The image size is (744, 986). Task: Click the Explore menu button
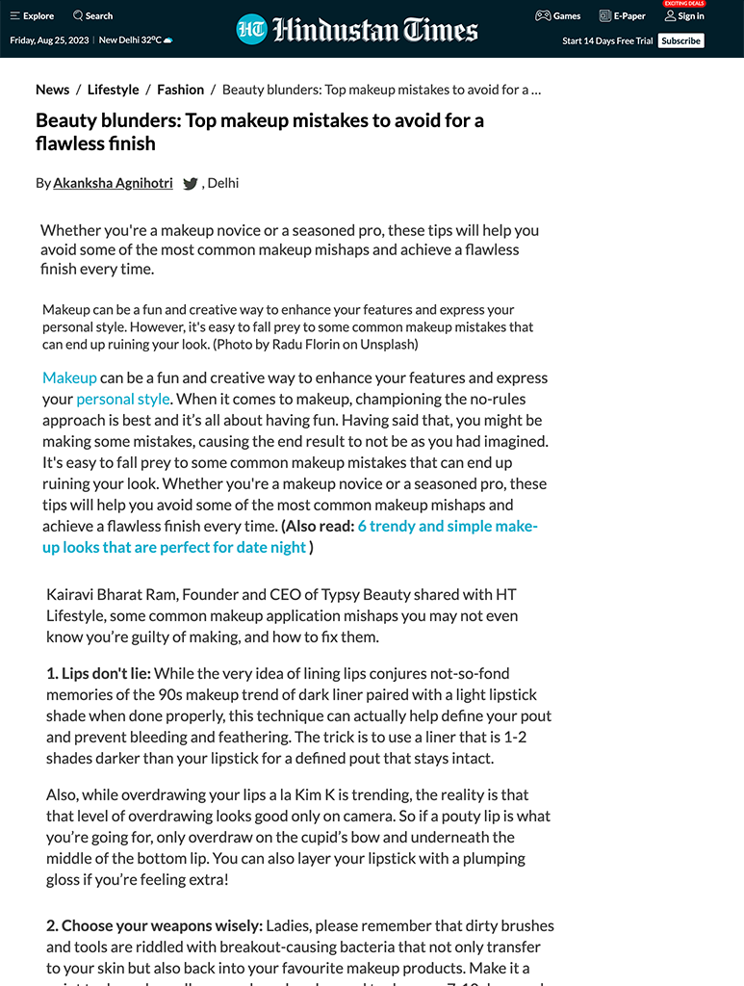coord(32,15)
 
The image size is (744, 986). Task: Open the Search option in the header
coord(92,15)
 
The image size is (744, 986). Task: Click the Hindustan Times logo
coord(357,29)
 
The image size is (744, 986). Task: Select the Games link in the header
coord(558,15)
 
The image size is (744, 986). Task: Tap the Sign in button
coord(684,15)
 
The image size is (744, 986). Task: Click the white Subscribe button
coord(680,40)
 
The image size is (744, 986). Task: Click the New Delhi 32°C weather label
coord(136,40)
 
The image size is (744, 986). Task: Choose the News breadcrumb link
coord(52,90)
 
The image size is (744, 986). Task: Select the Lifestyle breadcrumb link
coord(113,90)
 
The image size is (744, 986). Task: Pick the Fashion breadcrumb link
coord(180,90)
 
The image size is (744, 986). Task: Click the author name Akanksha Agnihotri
coord(113,183)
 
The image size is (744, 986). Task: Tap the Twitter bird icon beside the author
coord(191,184)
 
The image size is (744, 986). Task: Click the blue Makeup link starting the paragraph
coord(69,377)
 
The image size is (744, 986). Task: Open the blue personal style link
coord(123,399)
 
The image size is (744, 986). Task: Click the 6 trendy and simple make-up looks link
coord(447,526)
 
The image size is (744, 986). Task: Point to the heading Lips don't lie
coord(98,673)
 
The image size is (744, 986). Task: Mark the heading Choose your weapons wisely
coord(154,925)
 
